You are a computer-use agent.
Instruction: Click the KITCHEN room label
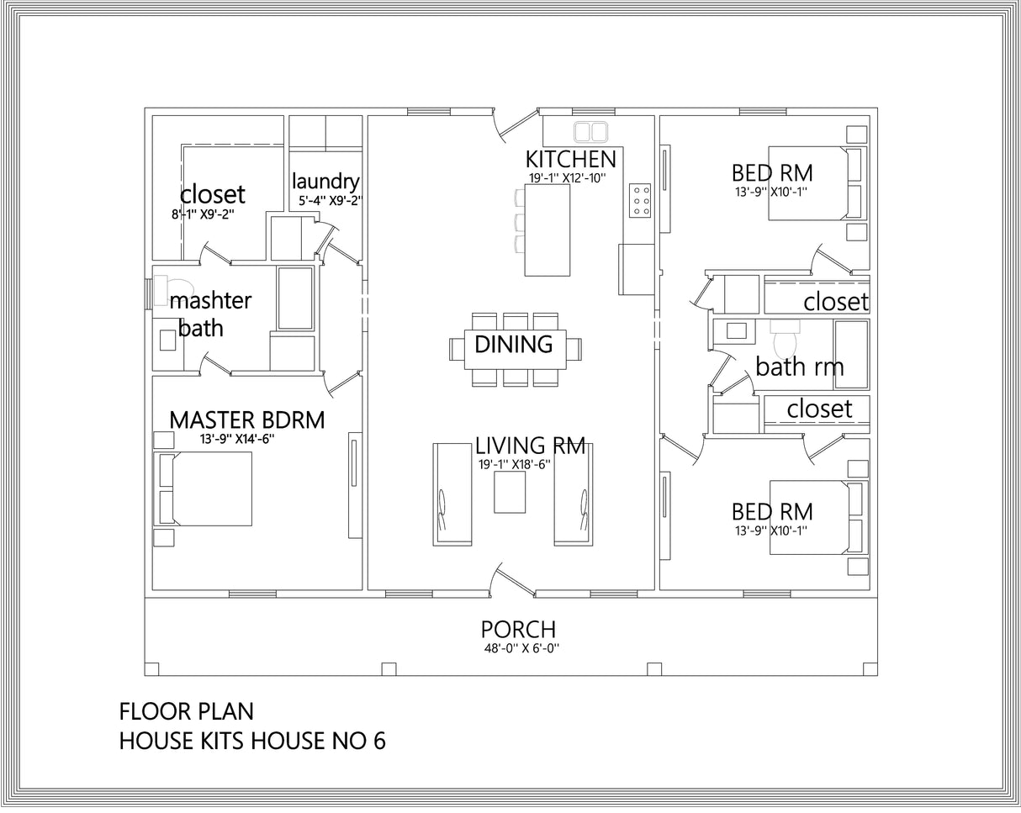(x=570, y=159)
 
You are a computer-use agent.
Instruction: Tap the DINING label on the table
(x=513, y=344)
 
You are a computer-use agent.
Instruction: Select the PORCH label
(x=518, y=629)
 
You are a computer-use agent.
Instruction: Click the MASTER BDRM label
(x=246, y=420)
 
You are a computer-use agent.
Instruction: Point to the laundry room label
(x=325, y=181)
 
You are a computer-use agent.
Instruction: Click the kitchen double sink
(x=591, y=131)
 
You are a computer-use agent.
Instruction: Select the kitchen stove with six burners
(x=639, y=201)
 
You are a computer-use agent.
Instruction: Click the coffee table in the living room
(x=510, y=493)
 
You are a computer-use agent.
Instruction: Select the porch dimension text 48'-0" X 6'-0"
(x=518, y=648)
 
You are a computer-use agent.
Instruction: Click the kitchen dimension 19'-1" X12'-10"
(x=567, y=177)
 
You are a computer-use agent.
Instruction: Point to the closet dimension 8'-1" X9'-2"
(x=203, y=214)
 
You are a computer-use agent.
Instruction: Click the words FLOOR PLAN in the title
(x=186, y=711)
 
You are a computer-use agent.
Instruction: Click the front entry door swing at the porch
(x=512, y=581)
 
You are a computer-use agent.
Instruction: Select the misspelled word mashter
(x=210, y=300)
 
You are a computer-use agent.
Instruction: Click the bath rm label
(x=799, y=367)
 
